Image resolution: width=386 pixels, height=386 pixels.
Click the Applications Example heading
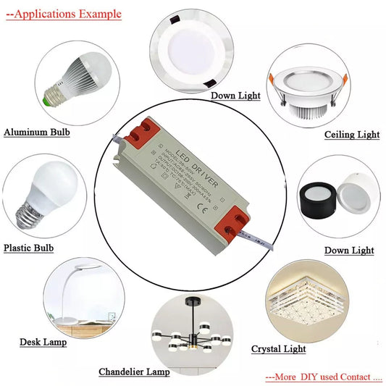click(x=64, y=14)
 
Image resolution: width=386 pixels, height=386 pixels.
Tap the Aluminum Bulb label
click(x=38, y=132)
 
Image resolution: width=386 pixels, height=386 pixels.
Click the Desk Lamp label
click(x=43, y=342)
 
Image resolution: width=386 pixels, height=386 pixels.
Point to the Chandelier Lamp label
click(x=134, y=372)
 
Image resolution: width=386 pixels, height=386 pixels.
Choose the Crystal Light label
click(x=279, y=349)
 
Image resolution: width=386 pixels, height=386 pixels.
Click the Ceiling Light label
click(x=352, y=135)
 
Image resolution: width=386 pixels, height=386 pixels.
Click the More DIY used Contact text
click(x=323, y=377)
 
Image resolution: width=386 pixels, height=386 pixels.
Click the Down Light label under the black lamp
click(x=349, y=251)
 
